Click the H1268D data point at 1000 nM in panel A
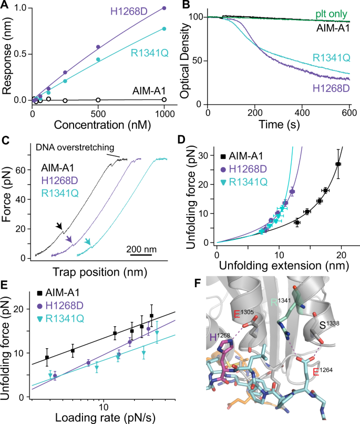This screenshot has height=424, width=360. coord(164,8)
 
